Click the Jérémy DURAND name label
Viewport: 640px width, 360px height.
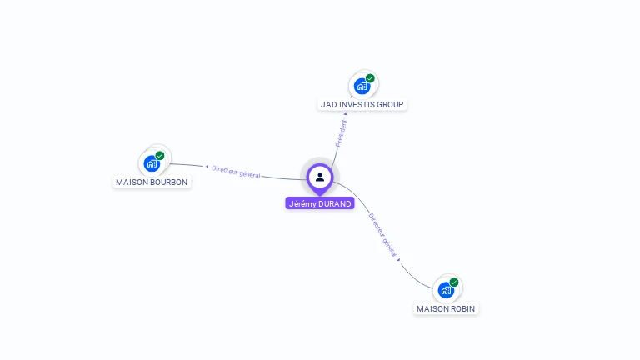point(320,203)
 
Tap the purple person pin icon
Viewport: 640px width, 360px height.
point(320,177)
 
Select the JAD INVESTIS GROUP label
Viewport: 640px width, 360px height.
point(362,105)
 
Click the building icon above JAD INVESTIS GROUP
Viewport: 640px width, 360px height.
point(362,86)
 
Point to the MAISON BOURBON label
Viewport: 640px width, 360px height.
point(152,182)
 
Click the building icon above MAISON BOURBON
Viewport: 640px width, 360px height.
point(152,162)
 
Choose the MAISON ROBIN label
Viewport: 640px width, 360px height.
point(447,308)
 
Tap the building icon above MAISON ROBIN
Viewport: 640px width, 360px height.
point(446,290)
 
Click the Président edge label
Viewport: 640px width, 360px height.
point(340,133)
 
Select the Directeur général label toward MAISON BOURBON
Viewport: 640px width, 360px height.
point(236,172)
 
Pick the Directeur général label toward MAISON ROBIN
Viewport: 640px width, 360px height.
point(383,235)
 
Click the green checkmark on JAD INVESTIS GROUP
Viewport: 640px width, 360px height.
point(370,78)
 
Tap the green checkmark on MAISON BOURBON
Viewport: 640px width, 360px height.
point(160,155)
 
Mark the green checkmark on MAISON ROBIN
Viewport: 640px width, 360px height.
point(454,282)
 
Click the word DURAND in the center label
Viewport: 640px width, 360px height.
point(335,203)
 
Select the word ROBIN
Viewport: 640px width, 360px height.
point(462,308)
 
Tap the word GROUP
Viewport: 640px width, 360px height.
point(392,105)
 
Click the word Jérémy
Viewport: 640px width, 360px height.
point(302,203)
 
